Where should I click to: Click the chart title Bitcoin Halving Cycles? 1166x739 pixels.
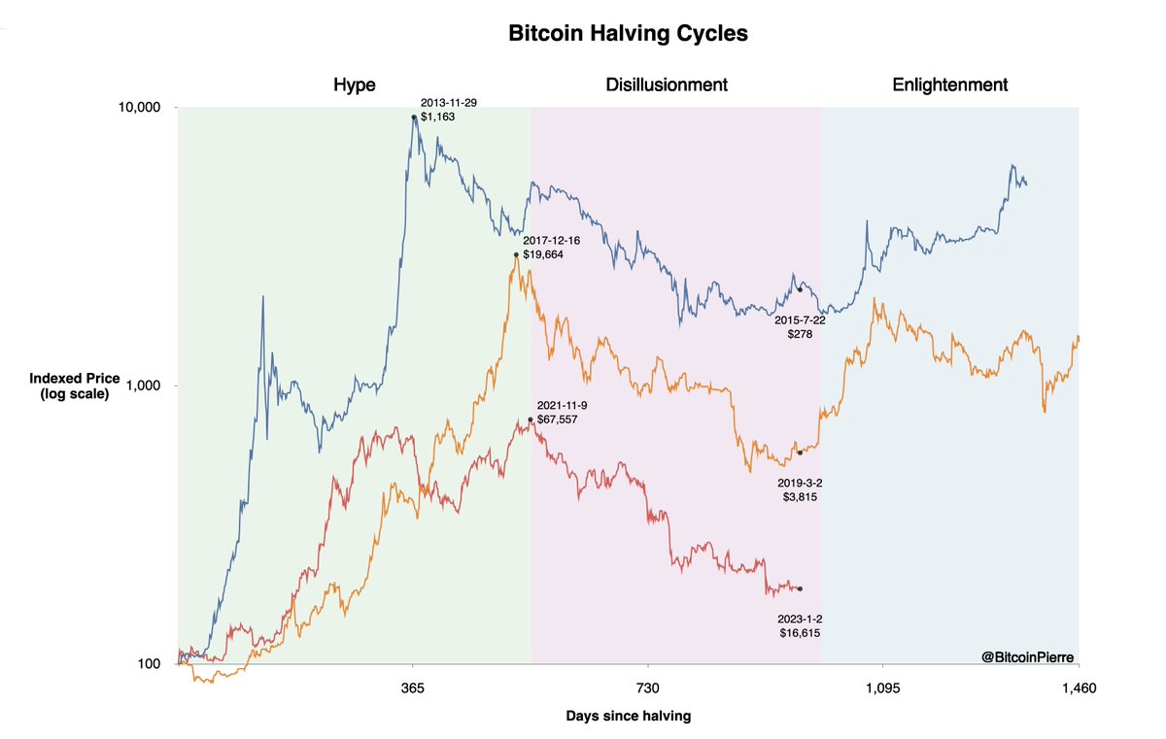629,33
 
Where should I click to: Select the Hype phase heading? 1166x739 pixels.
354,84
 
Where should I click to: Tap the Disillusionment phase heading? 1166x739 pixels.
667,84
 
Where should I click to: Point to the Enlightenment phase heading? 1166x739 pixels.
949,84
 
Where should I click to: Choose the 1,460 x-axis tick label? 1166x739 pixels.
1079,689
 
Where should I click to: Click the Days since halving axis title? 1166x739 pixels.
628,717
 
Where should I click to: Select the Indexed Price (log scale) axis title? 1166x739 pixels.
69,386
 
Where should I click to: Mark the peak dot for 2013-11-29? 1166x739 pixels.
414,117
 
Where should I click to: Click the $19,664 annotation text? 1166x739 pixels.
542,254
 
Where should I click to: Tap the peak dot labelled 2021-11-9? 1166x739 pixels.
530,420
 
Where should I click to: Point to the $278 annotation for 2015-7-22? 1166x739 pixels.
799,333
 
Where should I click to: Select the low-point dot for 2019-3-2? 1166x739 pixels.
800,453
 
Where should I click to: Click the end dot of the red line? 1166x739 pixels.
800,588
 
